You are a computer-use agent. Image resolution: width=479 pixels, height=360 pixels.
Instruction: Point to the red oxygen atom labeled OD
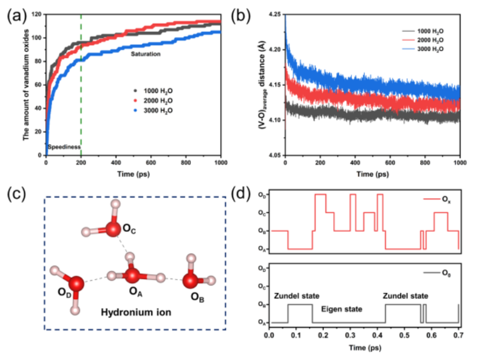click(x=76, y=284)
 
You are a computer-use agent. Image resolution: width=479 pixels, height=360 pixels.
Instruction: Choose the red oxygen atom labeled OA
click(x=132, y=275)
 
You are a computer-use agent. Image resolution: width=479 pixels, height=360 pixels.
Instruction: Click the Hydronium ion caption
click(x=135, y=312)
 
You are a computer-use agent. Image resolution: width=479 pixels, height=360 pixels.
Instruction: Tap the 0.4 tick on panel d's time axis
click(x=377, y=335)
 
